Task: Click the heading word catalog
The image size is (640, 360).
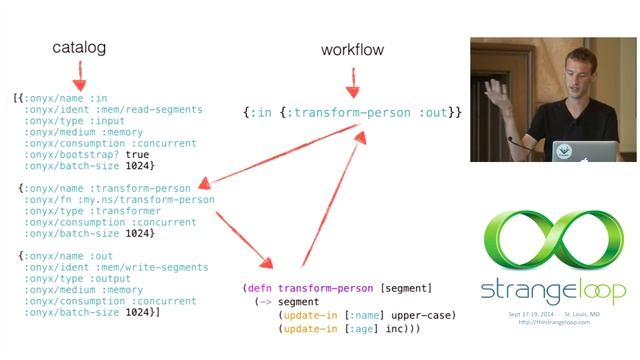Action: tap(78, 48)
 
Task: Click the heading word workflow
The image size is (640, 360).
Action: tap(353, 49)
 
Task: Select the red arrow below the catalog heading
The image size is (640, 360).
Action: tap(78, 75)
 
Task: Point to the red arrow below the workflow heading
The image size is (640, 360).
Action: tap(353, 79)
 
